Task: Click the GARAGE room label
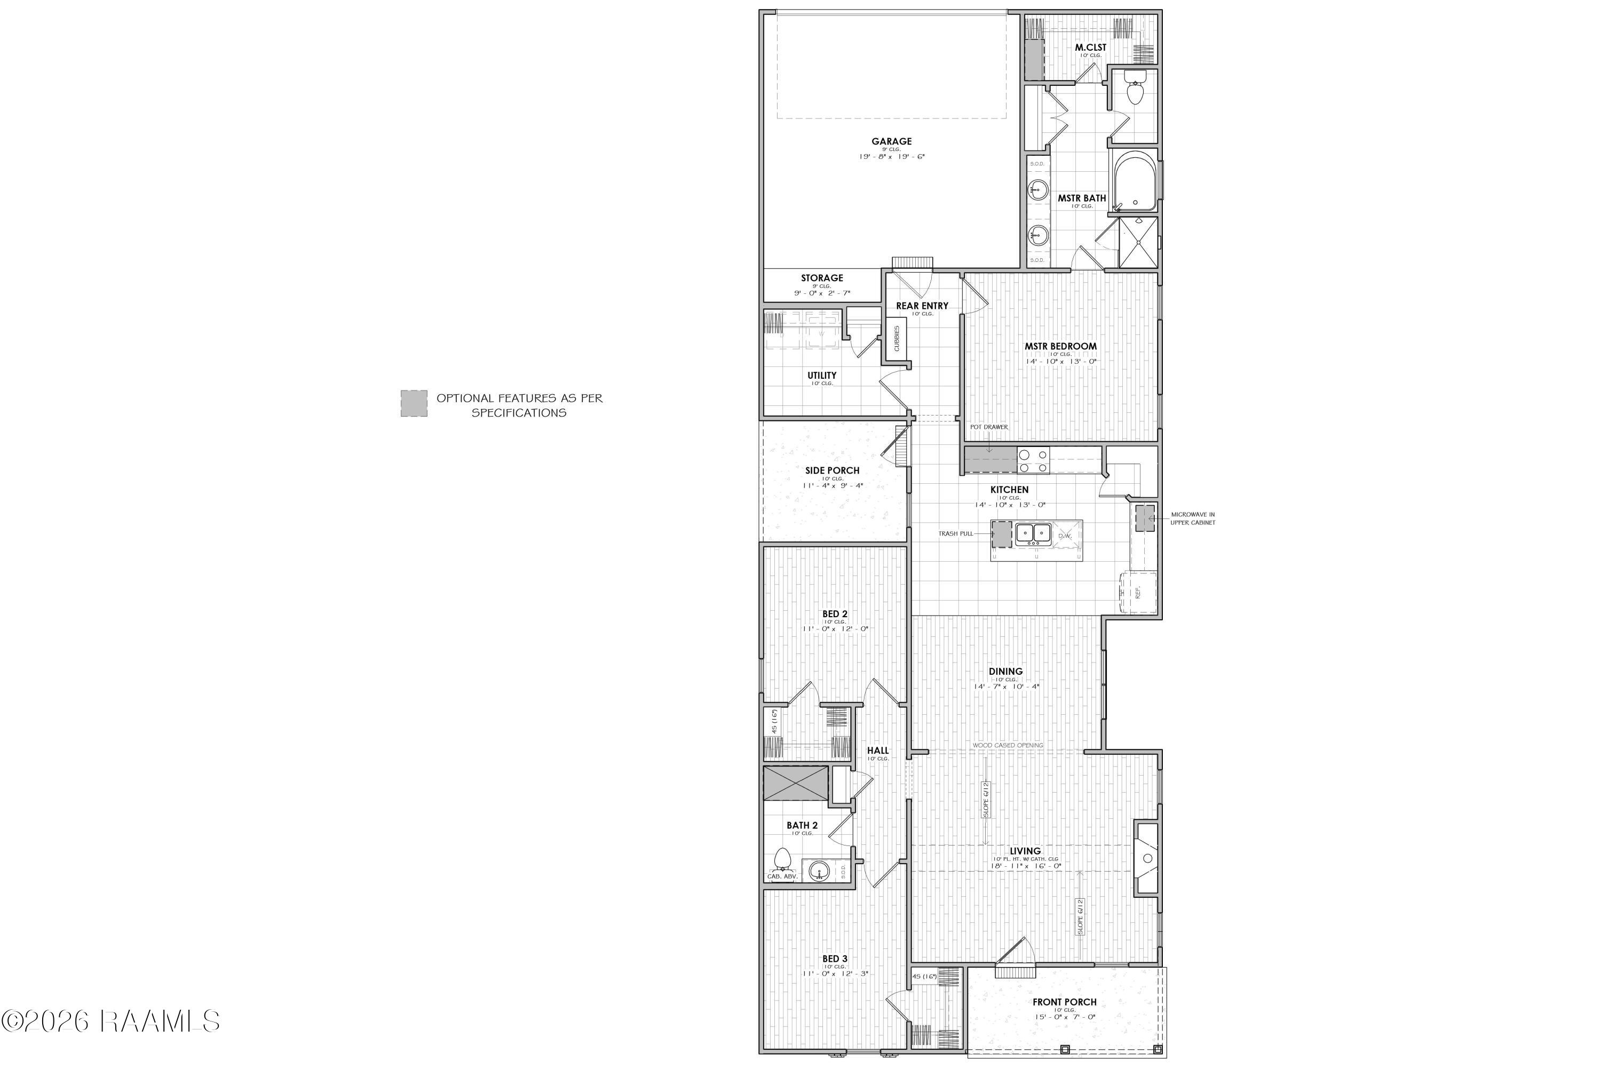[891, 141]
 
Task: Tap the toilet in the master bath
[1135, 91]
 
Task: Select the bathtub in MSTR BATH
[1134, 181]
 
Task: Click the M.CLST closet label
[1090, 47]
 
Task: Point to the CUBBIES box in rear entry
[897, 338]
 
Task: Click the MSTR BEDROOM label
[1060, 346]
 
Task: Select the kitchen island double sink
[1032, 532]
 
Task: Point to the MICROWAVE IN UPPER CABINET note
[1193, 518]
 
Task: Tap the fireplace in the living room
[1147, 858]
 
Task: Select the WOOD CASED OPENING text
[1008, 745]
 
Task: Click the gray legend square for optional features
[414, 403]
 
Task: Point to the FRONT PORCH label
[1064, 1002]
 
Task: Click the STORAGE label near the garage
[822, 278]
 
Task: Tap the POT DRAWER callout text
[988, 427]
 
